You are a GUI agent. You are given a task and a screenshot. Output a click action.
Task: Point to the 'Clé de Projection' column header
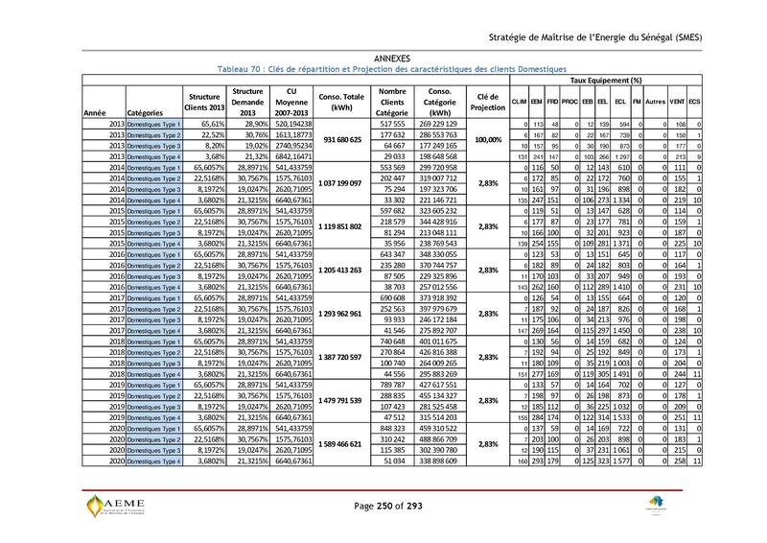pyautogui.click(x=488, y=102)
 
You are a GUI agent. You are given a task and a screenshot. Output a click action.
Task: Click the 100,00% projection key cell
pyautogui.click(x=488, y=140)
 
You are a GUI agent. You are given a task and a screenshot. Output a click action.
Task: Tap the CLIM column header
pyautogui.click(x=519, y=102)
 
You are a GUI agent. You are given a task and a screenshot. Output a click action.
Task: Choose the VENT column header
pyautogui.click(x=677, y=102)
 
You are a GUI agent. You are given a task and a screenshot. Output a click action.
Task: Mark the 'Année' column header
pyautogui.click(x=95, y=113)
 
